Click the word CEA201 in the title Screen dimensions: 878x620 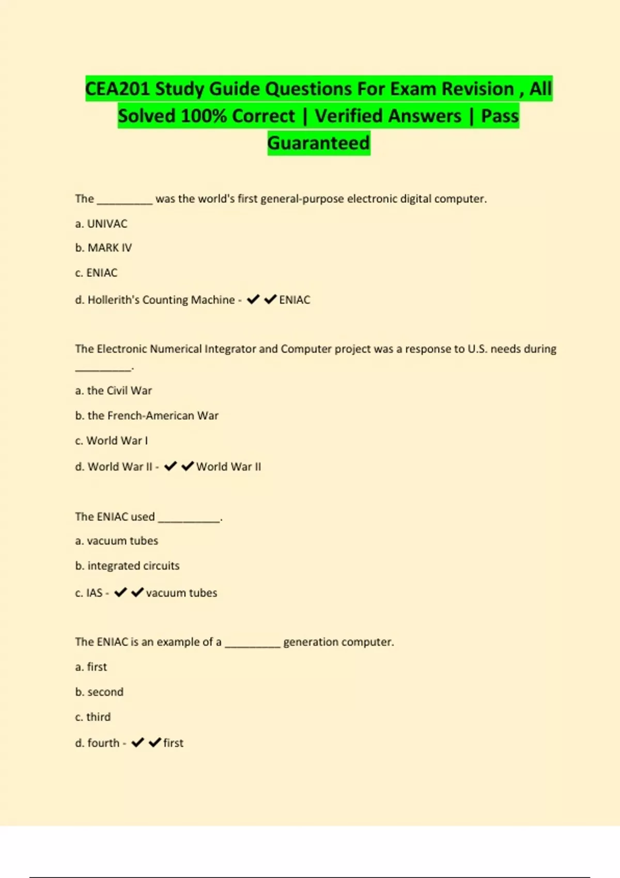coord(118,89)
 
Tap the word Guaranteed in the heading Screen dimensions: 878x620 coord(319,143)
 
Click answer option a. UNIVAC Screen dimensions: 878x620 coord(101,224)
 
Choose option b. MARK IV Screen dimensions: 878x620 coord(103,248)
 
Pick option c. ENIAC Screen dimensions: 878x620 coord(96,273)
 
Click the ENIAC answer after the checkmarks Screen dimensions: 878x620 coord(295,300)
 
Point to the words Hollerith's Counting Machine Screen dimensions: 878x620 coord(161,300)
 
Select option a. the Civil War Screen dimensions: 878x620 coord(114,390)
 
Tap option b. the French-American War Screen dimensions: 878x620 coord(147,416)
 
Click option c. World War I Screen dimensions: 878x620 coord(112,441)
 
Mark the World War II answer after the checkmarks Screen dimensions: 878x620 coord(228,467)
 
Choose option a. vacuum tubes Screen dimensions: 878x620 coord(117,541)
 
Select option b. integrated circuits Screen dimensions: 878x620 coord(127,566)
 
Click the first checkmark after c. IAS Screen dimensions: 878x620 coord(120,592)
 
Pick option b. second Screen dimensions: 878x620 coord(99,692)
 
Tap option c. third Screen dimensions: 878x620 coord(93,717)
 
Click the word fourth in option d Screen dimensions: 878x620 coord(103,743)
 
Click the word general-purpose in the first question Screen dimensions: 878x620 coord(302,199)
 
